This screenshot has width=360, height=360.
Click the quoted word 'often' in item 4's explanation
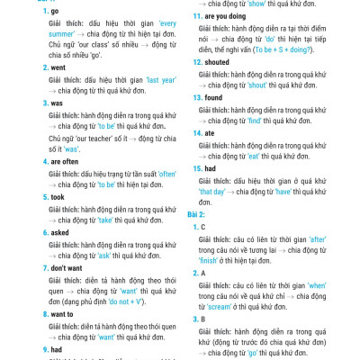click(x=158, y=174)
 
